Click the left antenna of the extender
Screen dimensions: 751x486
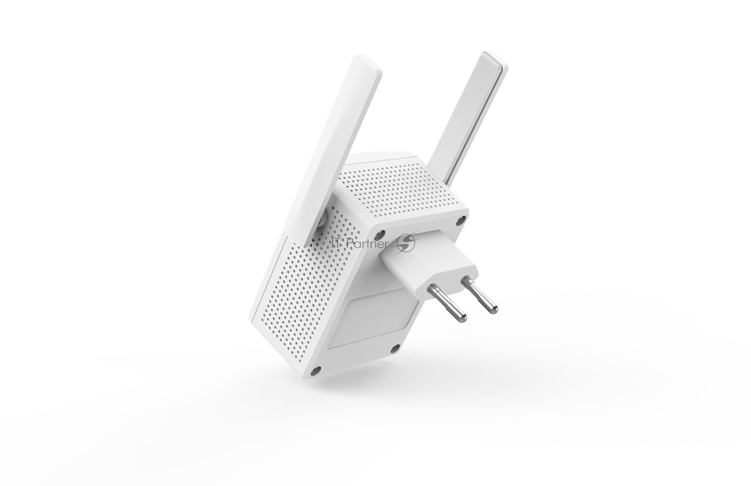click(x=335, y=151)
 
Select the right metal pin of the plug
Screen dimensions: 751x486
click(x=479, y=296)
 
